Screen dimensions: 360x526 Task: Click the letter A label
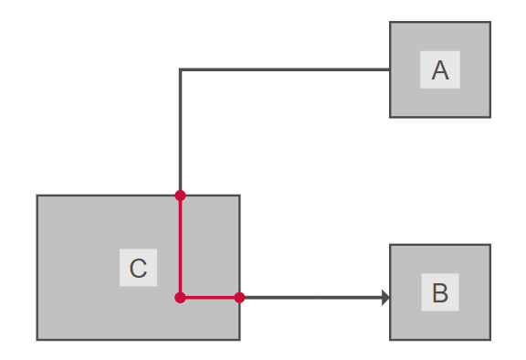(440, 70)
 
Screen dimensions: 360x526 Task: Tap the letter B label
(440, 293)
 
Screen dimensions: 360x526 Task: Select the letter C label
(138, 269)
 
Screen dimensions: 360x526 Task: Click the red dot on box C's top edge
(180, 195)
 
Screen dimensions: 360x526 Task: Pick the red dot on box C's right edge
(239, 297)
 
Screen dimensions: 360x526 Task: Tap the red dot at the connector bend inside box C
(180, 297)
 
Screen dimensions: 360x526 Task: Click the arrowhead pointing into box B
(386, 297)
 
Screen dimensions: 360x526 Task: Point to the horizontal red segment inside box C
(210, 297)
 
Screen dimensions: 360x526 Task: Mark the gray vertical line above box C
(181, 132)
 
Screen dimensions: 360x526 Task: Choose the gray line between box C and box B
(310, 297)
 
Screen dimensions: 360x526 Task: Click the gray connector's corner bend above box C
(181, 69)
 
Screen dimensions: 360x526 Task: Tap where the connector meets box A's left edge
(390, 69)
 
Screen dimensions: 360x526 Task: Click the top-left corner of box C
(37, 196)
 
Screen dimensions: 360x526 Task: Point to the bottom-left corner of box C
(37, 340)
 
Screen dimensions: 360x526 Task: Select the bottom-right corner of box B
(490, 340)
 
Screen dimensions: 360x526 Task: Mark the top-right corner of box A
(490, 22)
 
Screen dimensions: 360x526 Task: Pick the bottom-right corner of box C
(239, 340)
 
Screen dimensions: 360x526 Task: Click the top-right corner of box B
(490, 245)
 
